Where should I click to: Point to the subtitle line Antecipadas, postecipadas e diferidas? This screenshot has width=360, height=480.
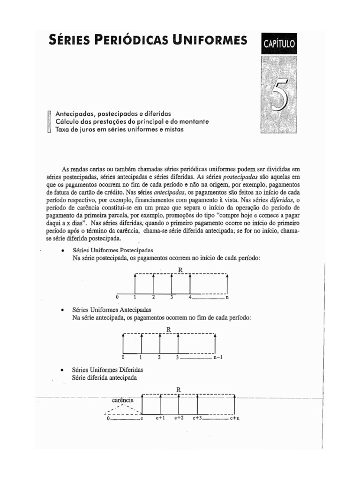(112, 114)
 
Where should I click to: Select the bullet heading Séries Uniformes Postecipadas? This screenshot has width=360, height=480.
(113, 250)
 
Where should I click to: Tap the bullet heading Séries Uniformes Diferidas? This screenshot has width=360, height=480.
(108, 370)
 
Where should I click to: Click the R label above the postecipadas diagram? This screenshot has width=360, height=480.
(180, 269)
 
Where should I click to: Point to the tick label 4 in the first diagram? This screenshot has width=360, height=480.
(190, 298)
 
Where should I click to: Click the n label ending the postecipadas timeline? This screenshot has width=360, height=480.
(227, 298)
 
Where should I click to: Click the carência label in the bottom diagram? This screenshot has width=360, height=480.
(123, 400)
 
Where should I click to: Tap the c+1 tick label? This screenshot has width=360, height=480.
(161, 418)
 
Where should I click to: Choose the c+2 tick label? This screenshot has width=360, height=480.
(179, 418)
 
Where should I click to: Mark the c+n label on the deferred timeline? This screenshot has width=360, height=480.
(234, 418)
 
